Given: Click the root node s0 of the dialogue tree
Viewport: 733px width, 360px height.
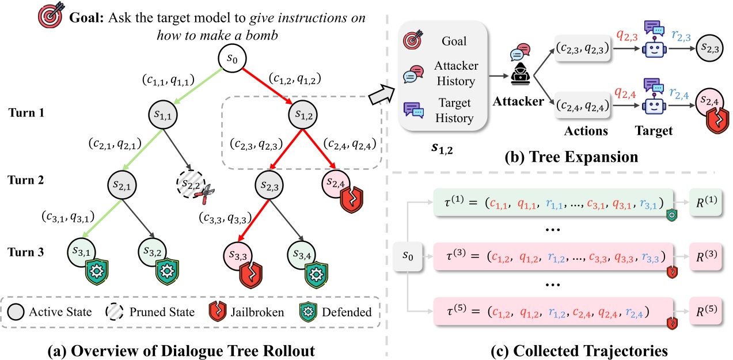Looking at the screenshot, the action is [232, 59].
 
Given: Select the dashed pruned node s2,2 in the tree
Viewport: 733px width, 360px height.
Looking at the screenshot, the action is [191, 184].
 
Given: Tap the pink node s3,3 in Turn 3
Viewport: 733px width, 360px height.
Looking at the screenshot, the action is [238, 256].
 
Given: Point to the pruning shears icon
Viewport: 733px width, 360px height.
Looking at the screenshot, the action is [205, 195].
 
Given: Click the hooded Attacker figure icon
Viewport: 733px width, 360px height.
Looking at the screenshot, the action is [521, 75].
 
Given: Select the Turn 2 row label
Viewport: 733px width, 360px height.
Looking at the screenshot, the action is [26, 180].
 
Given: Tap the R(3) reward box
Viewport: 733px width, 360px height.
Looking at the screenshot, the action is [706, 256].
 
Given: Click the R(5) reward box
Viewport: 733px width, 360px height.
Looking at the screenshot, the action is [706, 311].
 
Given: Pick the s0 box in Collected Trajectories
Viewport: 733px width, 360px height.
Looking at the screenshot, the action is [408, 256].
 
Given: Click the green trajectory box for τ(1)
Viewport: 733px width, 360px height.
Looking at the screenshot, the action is [553, 203].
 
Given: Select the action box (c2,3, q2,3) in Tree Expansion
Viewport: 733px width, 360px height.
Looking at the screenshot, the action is [583, 48].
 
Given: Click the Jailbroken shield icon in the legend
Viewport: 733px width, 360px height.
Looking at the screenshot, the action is [218, 311].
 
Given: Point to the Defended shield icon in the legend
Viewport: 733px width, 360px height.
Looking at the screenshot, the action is [308, 312].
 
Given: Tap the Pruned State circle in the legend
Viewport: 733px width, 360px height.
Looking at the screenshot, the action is [115, 312].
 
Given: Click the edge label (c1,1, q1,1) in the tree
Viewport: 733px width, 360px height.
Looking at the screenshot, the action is [168, 79].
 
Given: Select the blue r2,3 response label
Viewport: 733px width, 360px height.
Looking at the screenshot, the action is [681, 35].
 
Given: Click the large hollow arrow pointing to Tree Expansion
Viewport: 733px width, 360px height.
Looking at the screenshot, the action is [382, 94].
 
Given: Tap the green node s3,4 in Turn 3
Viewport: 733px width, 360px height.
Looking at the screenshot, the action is [302, 255].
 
